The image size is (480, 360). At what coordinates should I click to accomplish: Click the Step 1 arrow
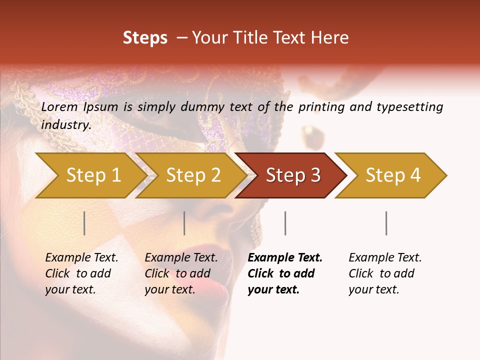tap(93, 175)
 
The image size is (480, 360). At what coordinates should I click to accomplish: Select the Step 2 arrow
tap(193, 175)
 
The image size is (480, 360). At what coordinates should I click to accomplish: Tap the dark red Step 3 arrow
tap(293, 175)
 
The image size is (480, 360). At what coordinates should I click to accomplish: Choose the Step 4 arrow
tap(393, 175)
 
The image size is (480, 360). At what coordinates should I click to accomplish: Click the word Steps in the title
tap(145, 37)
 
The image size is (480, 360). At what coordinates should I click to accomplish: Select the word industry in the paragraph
tap(66, 125)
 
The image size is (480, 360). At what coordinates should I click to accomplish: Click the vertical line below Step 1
tap(84, 223)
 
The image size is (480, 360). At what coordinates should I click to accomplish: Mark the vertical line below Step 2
tap(184, 223)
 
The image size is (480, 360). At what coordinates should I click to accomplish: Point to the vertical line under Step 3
tap(285, 223)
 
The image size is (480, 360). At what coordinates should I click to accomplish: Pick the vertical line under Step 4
tap(386, 223)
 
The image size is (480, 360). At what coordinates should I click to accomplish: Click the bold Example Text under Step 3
tap(285, 258)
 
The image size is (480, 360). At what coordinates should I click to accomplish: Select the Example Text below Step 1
tap(81, 258)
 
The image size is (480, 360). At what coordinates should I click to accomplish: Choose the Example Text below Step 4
tap(385, 258)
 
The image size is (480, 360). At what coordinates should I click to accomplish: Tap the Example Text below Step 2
tap(181, 258)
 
